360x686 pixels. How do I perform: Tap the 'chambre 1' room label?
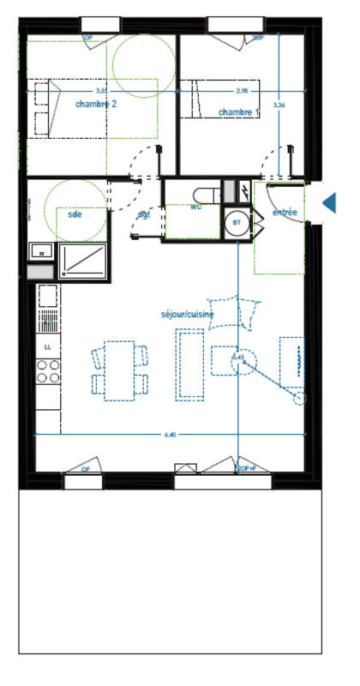[237, 112]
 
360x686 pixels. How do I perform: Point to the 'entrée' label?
[285, 212]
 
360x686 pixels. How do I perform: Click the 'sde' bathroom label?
[75, 214]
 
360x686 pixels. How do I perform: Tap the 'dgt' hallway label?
[144, 214]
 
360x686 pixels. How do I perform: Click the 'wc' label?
[195, 207]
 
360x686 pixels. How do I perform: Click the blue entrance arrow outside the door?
[329, 203]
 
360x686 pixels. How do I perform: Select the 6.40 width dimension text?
[170, 436]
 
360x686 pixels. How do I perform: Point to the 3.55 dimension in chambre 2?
[101, 90]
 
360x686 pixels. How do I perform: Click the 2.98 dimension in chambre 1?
[242, 90]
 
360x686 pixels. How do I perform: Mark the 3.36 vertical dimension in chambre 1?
[278, 105]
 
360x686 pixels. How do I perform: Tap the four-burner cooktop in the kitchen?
[49, 370]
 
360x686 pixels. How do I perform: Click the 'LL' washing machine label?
[48, 346]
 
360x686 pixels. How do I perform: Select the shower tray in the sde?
[82, 261]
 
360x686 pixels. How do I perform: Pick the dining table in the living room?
[120, 370]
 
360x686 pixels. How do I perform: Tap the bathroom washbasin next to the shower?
[41, 250]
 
